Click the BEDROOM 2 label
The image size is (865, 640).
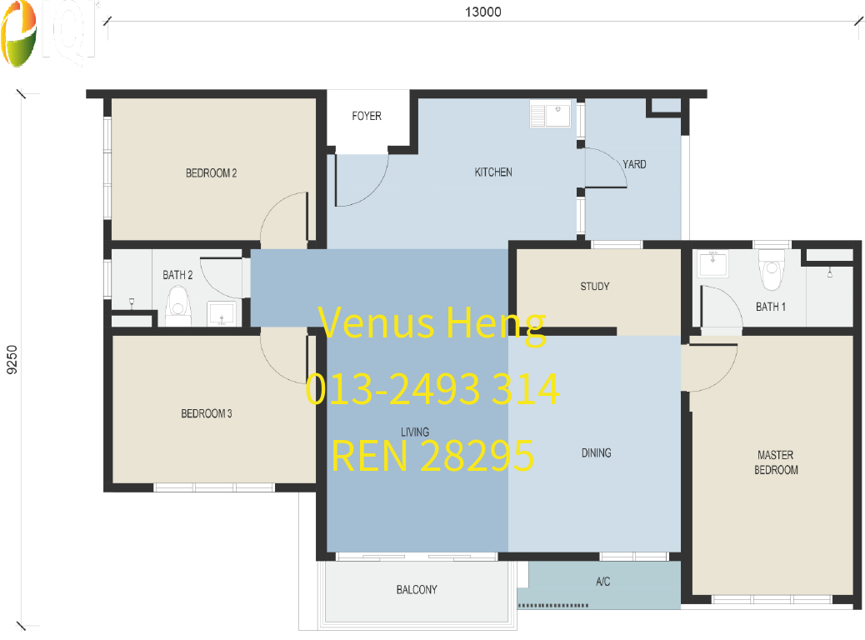[211, 173]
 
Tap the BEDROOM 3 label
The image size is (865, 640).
[207, 413]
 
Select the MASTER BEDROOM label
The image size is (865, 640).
[775, 462]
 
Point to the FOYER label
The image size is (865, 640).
[367, 116]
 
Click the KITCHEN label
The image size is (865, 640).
[493, 172]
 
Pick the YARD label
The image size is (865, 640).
[634, 164]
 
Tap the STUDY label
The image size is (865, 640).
[595, 287]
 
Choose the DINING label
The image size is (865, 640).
[596, 453]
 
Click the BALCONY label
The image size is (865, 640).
[417, 590]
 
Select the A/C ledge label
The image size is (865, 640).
[603, 582]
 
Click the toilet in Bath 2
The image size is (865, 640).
[177, 306]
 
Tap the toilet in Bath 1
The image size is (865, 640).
[770, 267]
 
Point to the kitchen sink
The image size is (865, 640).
[550, 114]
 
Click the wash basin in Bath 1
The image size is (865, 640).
[713, 264]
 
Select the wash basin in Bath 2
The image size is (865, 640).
[221, 313]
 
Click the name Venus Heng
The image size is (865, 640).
[432, 323]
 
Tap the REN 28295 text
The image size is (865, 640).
[432, 456]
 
